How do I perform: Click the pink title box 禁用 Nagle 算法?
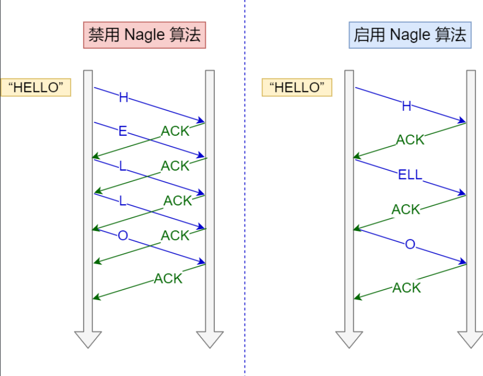point(144,35)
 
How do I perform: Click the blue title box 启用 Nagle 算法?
point(410,35)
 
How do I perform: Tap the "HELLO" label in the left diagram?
point(36,87)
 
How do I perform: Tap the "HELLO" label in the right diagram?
point(297,87)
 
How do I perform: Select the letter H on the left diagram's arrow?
point(123,97)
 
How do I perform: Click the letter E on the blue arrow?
point(123,131)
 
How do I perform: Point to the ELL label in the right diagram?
point(410,176)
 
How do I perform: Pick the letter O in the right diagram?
point(410,245)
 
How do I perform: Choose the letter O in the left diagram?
point(123,236)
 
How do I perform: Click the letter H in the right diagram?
point(407,106)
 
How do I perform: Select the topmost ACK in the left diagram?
point(175,131)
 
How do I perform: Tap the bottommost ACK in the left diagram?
point(168,279)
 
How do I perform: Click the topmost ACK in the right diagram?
point(410,140)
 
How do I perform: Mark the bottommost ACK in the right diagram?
point(407,288)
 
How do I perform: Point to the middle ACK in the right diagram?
point(406,210)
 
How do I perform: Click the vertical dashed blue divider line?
point(245,188)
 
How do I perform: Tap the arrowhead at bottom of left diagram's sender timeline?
point(88,339)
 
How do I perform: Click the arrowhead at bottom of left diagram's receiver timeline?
point(210,339)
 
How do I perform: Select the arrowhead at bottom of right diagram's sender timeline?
point(349,339)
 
